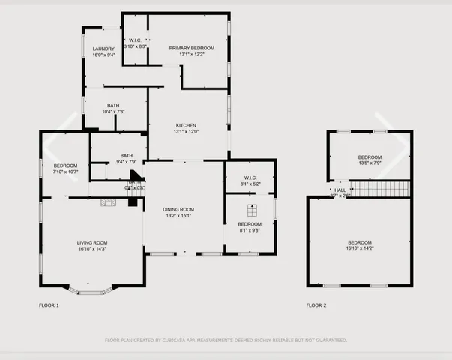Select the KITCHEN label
186,125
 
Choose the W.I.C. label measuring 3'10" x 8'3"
136,40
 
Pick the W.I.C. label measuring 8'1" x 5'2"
250,178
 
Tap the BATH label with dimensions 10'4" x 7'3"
113,106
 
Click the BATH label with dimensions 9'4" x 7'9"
126,156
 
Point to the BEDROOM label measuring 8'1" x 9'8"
250,224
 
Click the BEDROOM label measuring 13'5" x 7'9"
370,157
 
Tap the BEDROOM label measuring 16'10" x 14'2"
360,242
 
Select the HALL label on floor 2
340,190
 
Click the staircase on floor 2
380,189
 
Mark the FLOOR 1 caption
49,305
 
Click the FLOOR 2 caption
316,305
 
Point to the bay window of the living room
91,289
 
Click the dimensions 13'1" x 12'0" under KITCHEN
186,132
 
